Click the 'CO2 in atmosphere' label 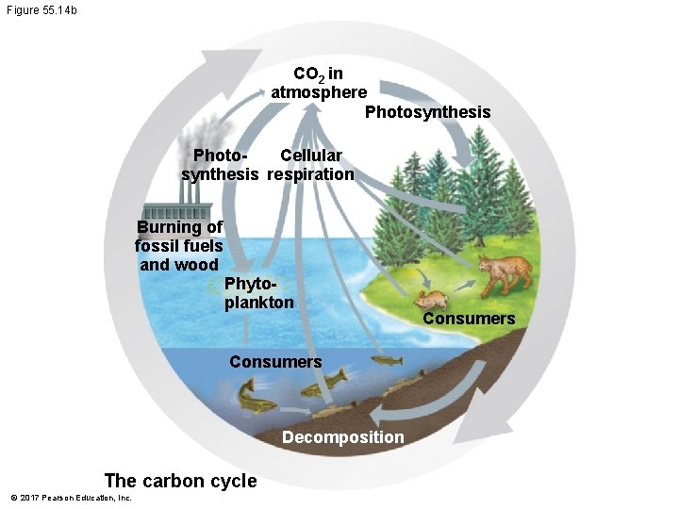[x=318, y=83]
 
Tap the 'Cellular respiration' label [x=310, y=165]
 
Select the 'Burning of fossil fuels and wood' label [x=179, y=246]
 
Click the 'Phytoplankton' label [x=259, y=294]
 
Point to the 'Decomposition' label [x=342, y=437]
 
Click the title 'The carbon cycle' [x=180, y=481]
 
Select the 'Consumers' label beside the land [x=469, y=319]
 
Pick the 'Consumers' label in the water [x=275, y=362]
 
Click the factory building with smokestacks [x=180, y=209]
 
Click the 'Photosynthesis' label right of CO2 [x=427, y=113]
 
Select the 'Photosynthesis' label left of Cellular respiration [x=220, y=165]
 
